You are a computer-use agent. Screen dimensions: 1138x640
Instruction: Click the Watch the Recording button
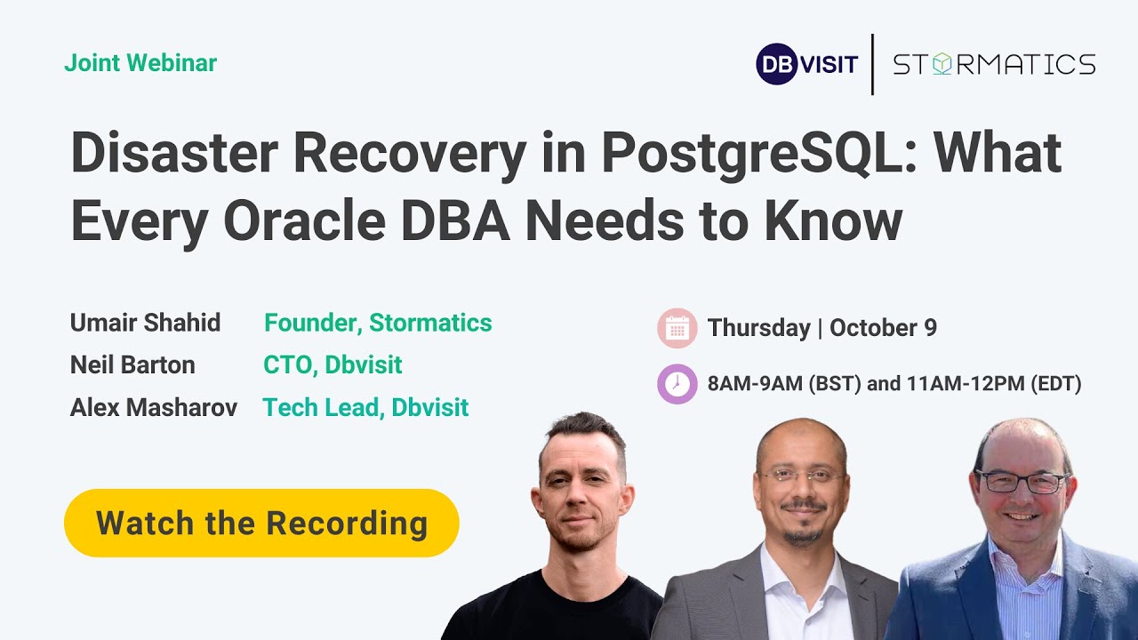261,523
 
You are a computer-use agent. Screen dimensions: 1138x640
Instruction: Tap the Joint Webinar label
140,63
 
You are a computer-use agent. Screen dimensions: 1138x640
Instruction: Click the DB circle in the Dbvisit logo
776,64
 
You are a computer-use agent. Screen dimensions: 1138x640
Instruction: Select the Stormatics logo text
994,65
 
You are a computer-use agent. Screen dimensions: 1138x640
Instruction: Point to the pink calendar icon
677,328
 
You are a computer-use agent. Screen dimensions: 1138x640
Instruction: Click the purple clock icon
677,383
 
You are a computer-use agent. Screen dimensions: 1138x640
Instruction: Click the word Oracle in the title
304,221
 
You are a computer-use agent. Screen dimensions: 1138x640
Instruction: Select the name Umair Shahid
145,323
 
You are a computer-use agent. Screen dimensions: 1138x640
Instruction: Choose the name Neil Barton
132,364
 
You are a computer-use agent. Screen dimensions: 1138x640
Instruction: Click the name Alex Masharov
154,407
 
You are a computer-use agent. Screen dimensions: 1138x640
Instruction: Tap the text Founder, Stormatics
378,323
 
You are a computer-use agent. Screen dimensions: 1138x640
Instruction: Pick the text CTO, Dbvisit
333,365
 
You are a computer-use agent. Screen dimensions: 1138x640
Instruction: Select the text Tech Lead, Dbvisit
365,407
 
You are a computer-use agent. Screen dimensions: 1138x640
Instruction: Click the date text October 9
883,328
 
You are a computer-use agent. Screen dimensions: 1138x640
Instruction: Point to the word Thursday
759,328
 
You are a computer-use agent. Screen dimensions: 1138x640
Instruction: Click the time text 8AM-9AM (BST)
784,383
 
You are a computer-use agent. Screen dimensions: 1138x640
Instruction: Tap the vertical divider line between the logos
873,65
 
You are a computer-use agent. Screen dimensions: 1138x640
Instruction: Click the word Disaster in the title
174,153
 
